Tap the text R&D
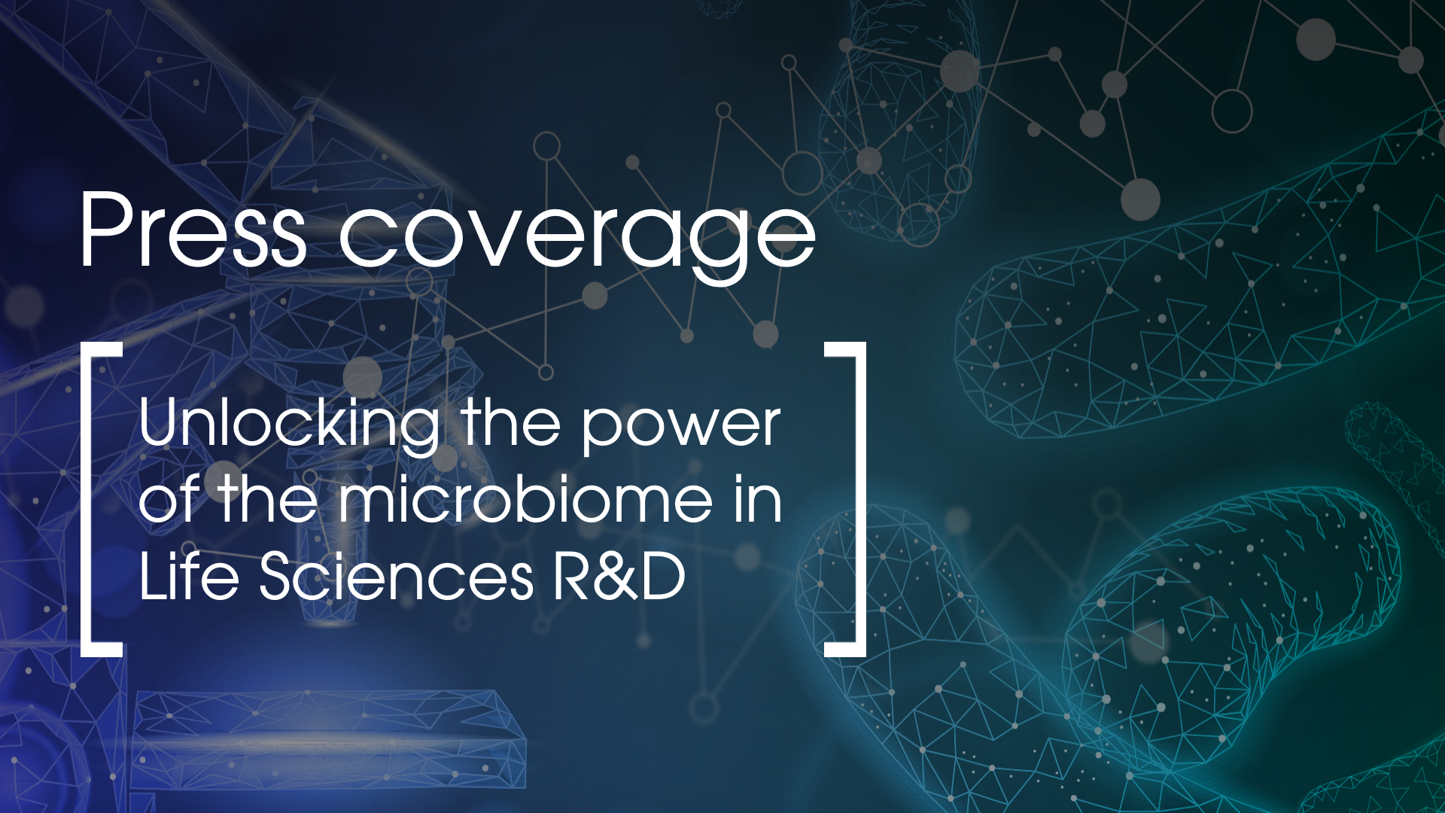tap(619, 577)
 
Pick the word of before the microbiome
tap(170, 500)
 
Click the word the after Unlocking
tap(511, 425)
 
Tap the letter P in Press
tap(105, 230)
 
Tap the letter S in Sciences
tap(278, 577)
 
